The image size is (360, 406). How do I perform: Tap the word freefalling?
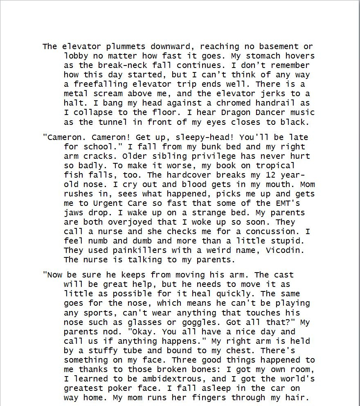click(101, 84)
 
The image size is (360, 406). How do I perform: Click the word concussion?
click(273, 232)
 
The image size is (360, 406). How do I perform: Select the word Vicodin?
click(286, 250)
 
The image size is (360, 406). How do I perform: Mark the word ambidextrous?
click(177, 379)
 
